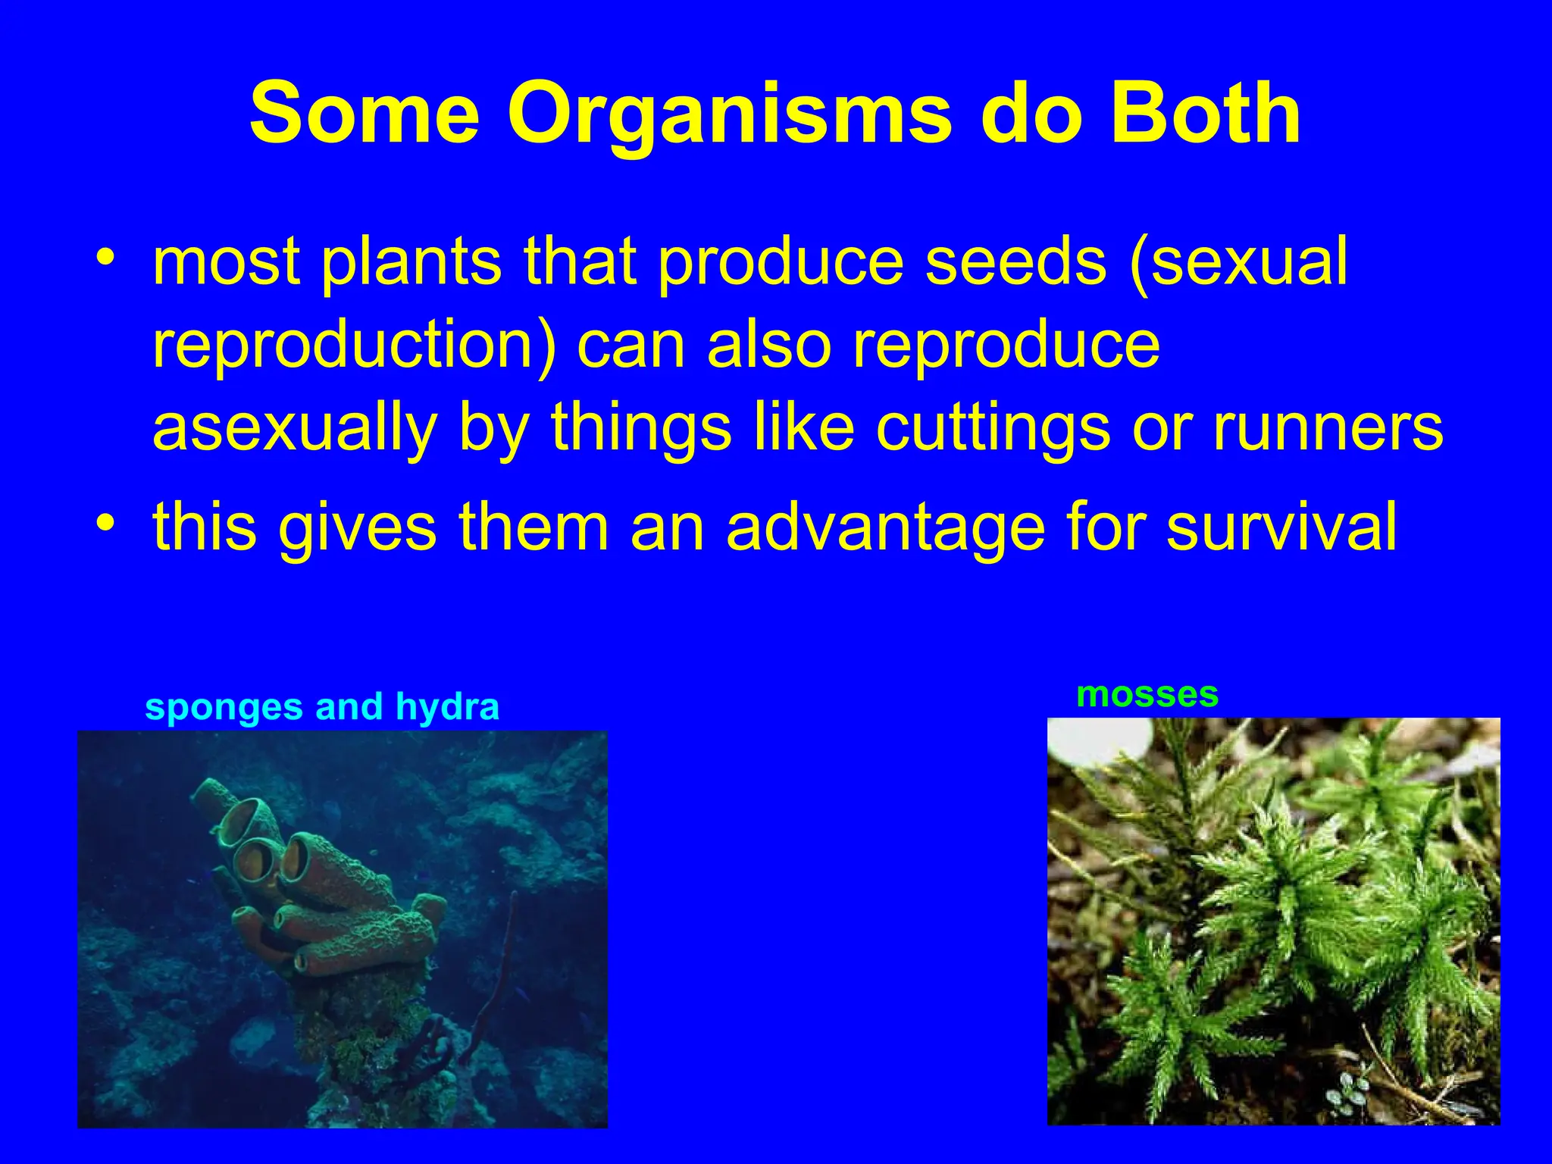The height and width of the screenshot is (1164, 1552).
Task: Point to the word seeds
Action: point(1015,261)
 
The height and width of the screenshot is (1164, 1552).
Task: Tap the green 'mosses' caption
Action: point(1147,694)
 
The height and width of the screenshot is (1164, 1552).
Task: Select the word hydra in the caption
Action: point(447,708)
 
